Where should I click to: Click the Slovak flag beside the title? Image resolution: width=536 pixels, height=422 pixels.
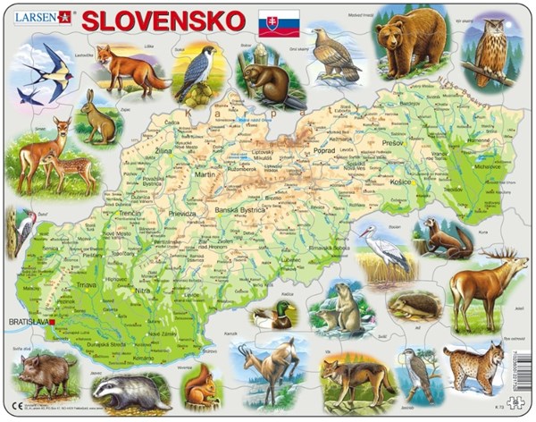(279, 22)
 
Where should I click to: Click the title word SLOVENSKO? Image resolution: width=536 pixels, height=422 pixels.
(163, 20)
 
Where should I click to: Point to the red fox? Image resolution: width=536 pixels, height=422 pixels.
(130, 69)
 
